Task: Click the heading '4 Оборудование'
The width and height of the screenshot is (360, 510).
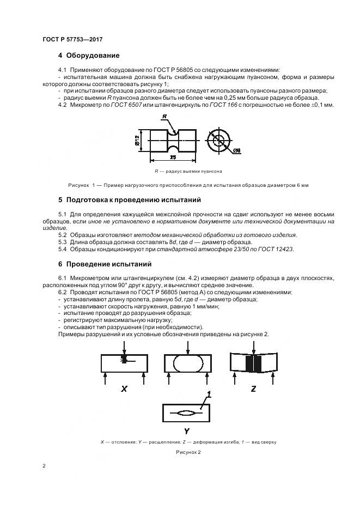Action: click(89, 56)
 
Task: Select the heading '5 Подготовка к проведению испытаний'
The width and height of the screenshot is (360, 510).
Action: click(130, 200)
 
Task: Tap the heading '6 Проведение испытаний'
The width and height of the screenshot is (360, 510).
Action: click(105, 264)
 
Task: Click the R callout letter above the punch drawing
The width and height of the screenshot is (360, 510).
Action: click(163, 117)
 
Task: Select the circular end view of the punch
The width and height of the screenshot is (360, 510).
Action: click(219, 141)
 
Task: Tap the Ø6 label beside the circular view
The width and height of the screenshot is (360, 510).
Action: click(238, 151)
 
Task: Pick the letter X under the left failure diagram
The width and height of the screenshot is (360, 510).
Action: click(124, 389)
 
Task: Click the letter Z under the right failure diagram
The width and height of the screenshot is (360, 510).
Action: click(254, 389)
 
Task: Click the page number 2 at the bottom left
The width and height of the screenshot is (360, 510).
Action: click(44, 466)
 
